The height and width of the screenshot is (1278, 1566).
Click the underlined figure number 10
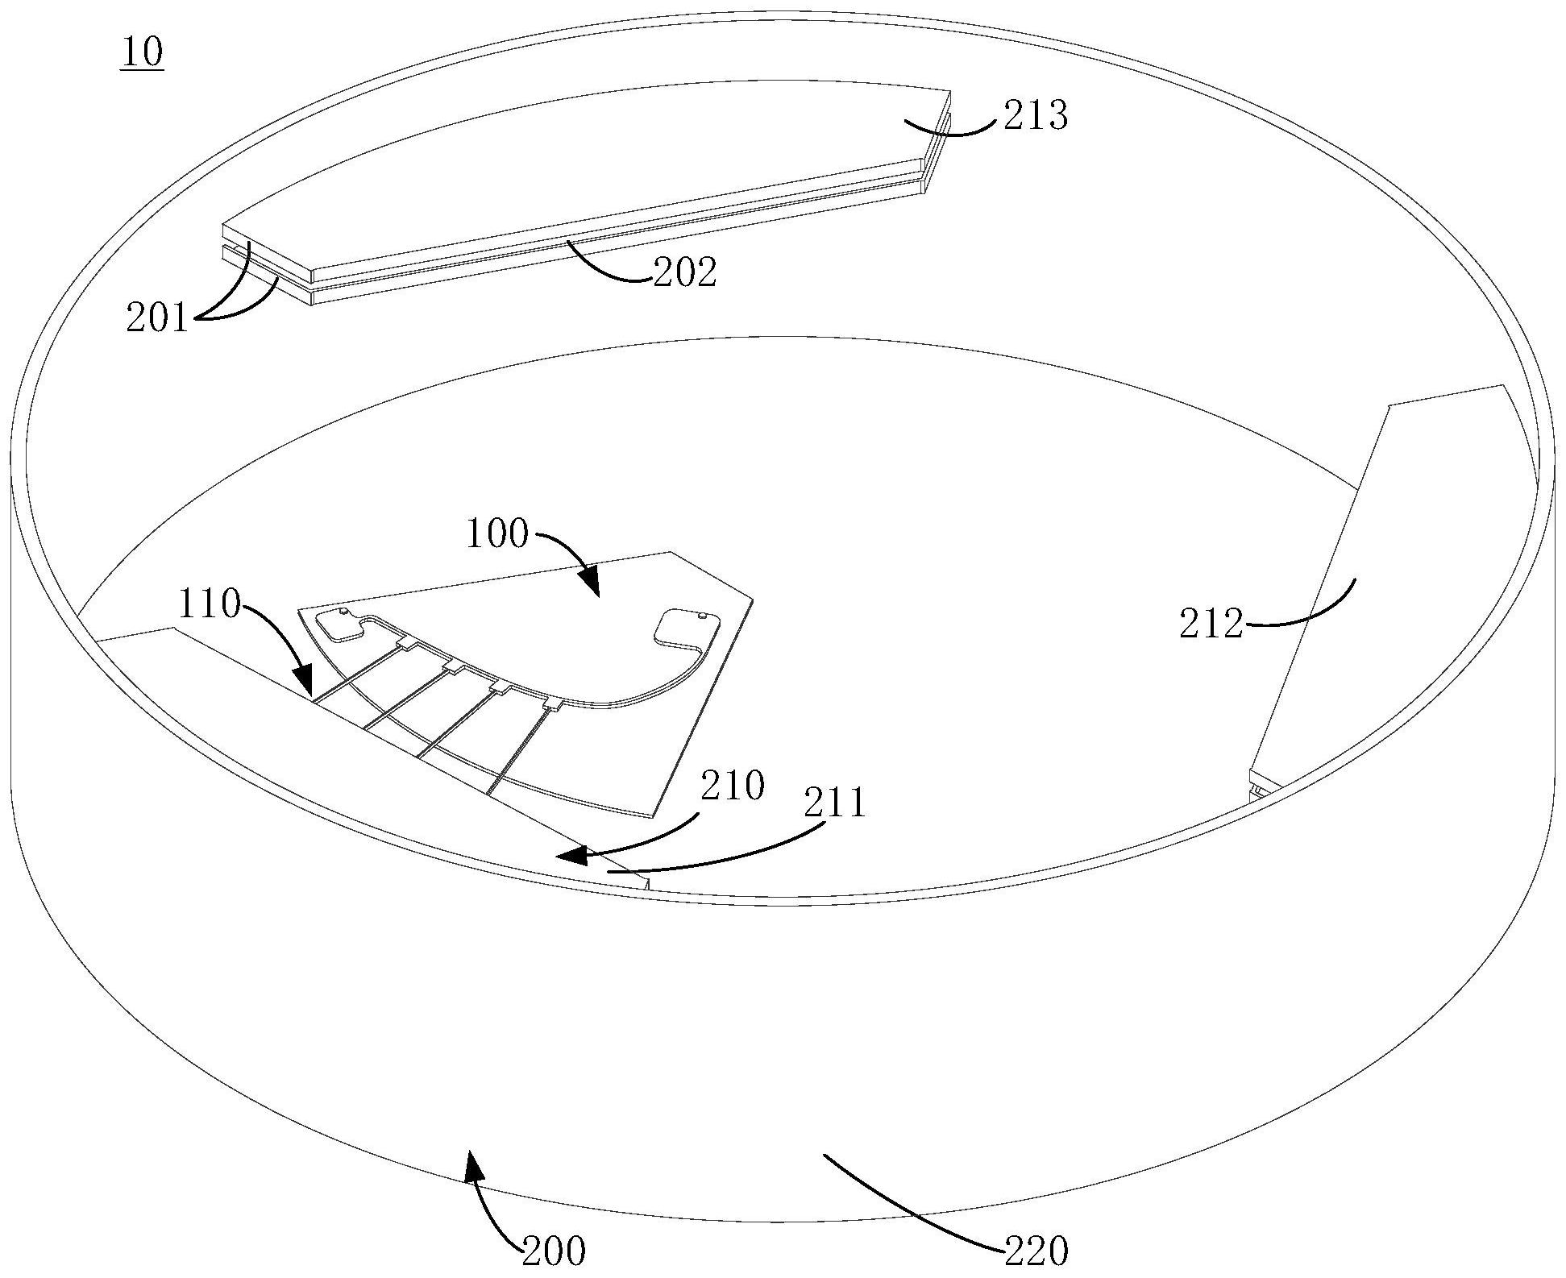click(142, 52)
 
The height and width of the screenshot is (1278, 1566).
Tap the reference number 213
click(1035, 116)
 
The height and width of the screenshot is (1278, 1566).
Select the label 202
click(684, 273)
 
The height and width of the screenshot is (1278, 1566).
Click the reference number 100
click(498, 533)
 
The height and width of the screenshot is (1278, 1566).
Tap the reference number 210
click(732, 786)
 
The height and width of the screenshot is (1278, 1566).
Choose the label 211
click(834, 803)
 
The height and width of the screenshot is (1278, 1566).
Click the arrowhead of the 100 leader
click(591, 584)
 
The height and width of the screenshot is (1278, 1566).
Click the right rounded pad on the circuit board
click(682, 626)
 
